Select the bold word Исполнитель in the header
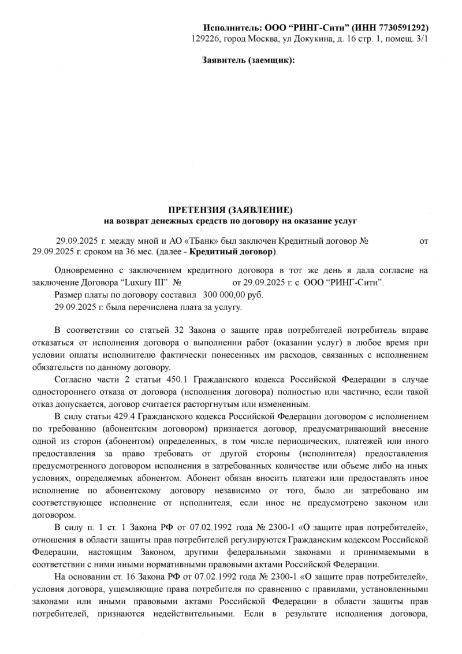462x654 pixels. click(230, 28)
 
